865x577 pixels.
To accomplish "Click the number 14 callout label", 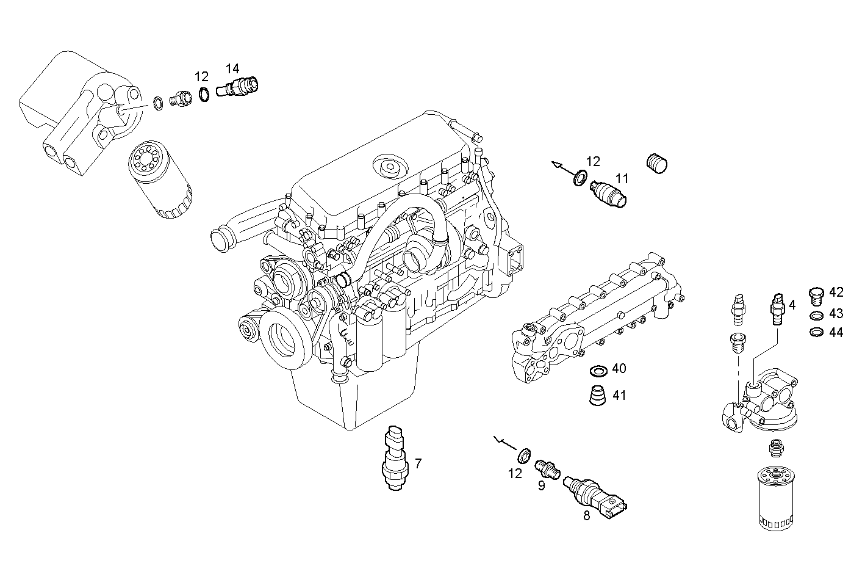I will click(x=232, y=68).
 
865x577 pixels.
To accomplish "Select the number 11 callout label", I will click(x=622, y=179).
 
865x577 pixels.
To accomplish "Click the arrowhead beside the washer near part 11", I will click(x=556, y=164).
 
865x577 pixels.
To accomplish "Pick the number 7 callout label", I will click(x=418, y=463).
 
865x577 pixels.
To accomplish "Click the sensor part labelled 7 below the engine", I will click(x=394, y=459).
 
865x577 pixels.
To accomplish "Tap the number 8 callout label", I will click(x=587, y=515).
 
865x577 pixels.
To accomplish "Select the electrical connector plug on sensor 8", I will click(x=616, y=504).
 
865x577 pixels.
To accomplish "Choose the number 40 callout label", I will click(x=619, y=369).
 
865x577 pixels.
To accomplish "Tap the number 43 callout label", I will click(x=836, y=314).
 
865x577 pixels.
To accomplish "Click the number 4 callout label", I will click(x=792, y=304).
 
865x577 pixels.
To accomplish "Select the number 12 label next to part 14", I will click(x=202, y=77).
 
